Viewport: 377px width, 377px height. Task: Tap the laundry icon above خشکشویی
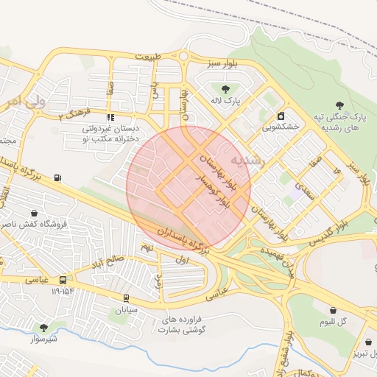pyautogui.click(x=281, y=116)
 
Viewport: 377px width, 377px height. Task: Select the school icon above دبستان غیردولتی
pyautogui.click(x=110, y=117)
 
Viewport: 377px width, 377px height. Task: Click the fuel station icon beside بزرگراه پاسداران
pyautogui.click(x=58, y=177)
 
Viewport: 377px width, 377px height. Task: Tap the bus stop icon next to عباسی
pyautogui.click(x=63, y=280)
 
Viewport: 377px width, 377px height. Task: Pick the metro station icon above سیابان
pyautogui.click(x=126, y=298)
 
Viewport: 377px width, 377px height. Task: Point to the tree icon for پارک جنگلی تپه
pyautogui.click(x=339, y=106)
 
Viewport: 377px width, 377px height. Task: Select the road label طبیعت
pyautogui.click(x=147, y=57)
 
